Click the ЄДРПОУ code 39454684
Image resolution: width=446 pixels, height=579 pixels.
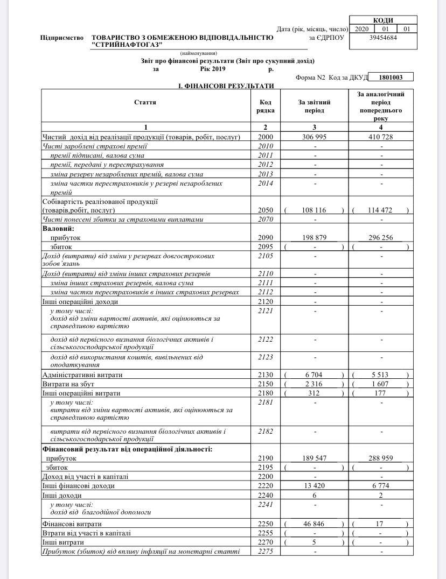384,38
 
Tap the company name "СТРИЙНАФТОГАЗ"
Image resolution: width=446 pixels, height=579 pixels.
127,45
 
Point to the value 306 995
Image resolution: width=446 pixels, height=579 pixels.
313,137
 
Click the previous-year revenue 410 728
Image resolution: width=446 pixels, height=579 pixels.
380,137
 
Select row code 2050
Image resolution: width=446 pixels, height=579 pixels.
266,210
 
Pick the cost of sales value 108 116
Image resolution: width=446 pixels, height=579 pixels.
313,210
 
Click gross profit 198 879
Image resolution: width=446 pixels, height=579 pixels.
313,237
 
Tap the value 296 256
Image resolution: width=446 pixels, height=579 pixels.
380,237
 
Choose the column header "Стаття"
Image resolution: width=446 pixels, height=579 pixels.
145,102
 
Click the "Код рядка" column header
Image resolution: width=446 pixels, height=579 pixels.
266,106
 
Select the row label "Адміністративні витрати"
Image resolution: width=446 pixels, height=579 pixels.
82,375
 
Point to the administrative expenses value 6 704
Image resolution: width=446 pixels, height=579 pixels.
313,375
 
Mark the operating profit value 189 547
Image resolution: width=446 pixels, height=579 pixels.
313,458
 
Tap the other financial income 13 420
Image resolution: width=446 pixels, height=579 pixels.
313,486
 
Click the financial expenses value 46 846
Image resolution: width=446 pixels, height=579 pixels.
313,524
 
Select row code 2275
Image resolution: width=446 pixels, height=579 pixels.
266,552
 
